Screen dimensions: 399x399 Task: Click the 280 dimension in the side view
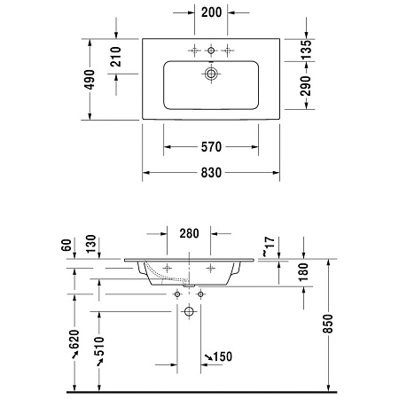pos(188,234)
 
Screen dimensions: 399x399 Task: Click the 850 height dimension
pos(328,325)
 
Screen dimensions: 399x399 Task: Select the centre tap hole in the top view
pos(211,51)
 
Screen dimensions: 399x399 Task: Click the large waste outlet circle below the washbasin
pos(189,312)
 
